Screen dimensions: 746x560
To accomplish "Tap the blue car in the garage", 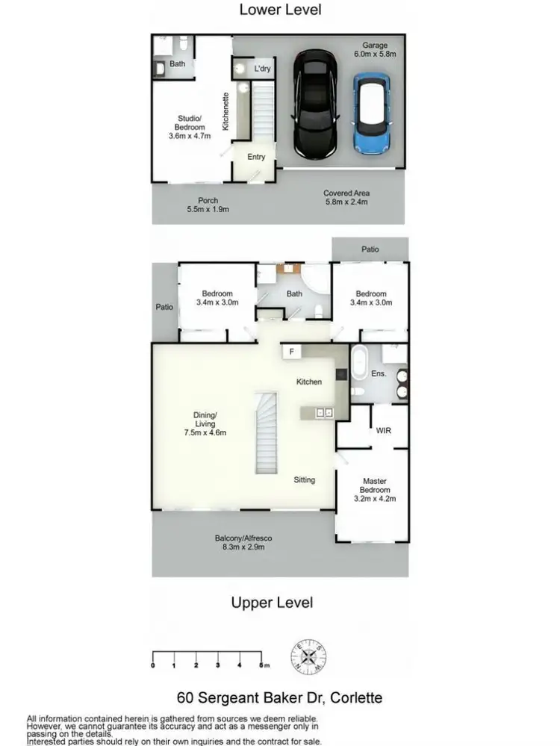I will (x=372, y=114).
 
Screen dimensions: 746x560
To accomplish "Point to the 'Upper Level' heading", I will (x=272, y=603).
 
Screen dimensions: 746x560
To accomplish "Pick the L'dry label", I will (x=261, y=69).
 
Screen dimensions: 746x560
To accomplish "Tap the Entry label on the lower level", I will (x=256, y=157).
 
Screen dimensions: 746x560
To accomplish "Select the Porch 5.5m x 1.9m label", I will (x=208, y=205).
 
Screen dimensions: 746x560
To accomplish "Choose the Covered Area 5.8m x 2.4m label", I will (x=347, y=197).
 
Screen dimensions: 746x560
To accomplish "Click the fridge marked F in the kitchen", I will (x=289, y=352).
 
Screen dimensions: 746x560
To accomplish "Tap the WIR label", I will (x=384, y=431).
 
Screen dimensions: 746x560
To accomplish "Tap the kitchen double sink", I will (x=323, y=411).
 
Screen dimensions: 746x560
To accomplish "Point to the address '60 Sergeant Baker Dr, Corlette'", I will (x=280, y=698).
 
